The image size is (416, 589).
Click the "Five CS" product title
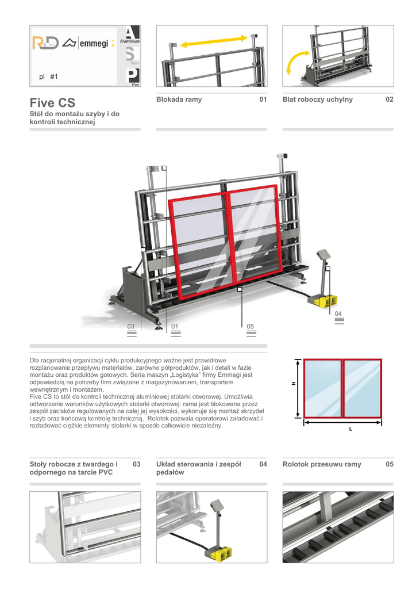(x=52, y=104)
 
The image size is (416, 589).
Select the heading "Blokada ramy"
(x=179, y=100)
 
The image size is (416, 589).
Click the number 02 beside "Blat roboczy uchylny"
(x=390, y=100)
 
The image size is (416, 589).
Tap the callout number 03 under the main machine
(x=131, y=327)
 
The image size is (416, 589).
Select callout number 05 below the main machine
(x=250, y=327)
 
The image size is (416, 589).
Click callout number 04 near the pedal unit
(x=338, y=313)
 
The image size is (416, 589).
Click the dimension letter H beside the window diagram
(x=293, y=384)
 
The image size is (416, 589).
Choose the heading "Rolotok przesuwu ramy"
(x=322, y=464)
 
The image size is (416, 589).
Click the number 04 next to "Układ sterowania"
(x=263, y=464)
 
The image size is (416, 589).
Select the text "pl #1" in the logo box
(x=49, y=77)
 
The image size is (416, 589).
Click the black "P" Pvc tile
(x=132, y=76)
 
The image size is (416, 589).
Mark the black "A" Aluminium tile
(x=132, y=36)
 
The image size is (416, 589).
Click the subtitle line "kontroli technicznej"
(x=61, y=122)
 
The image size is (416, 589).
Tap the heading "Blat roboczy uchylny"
(x=318, y=100)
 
